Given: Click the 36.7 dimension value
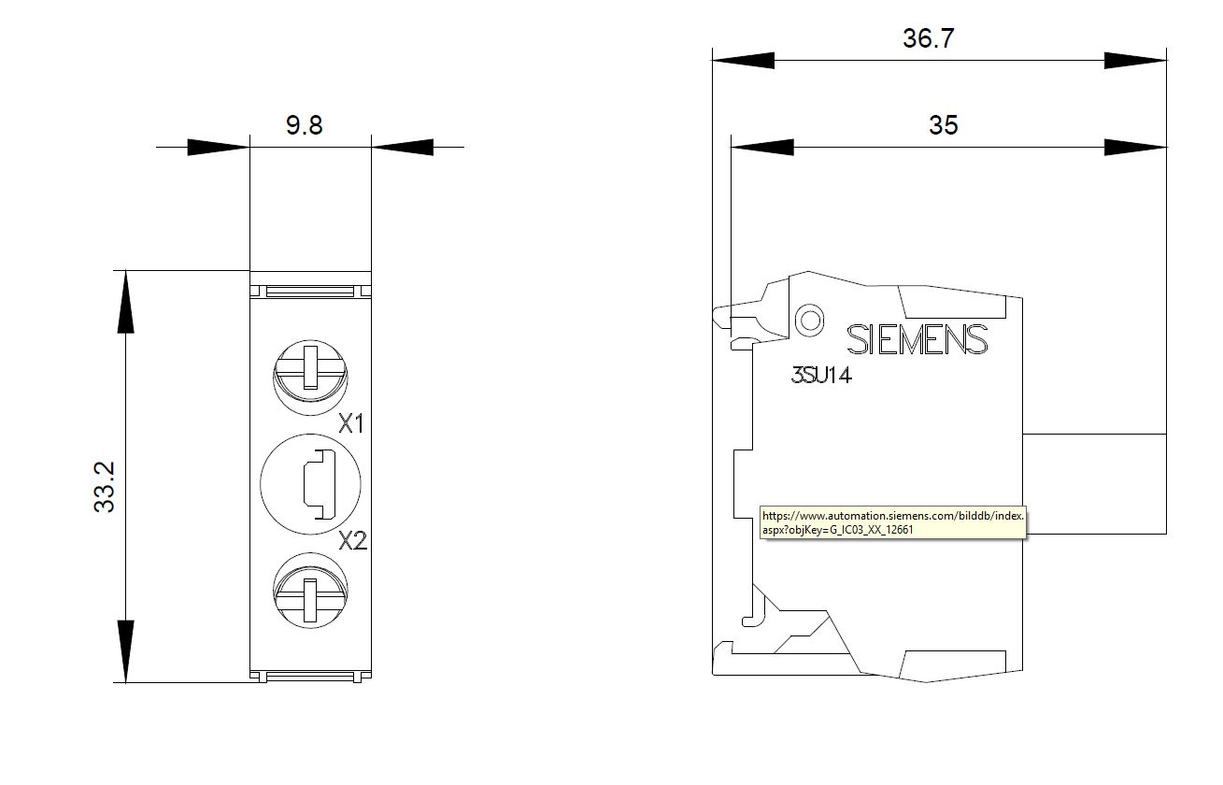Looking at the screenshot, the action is click(928, 38).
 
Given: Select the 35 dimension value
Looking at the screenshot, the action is click(944, 125).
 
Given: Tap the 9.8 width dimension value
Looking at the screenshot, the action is click(304, 125).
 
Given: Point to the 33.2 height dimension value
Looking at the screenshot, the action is click(105, 487).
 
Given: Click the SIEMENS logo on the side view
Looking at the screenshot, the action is click(917, 339).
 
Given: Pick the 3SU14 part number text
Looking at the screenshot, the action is click(821, 376).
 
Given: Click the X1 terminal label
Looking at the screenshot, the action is click(351, 423).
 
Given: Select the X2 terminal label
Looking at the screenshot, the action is click(353, 541).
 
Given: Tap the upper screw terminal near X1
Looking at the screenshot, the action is click(310, 378).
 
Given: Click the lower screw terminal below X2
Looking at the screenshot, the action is click(310, 591).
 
